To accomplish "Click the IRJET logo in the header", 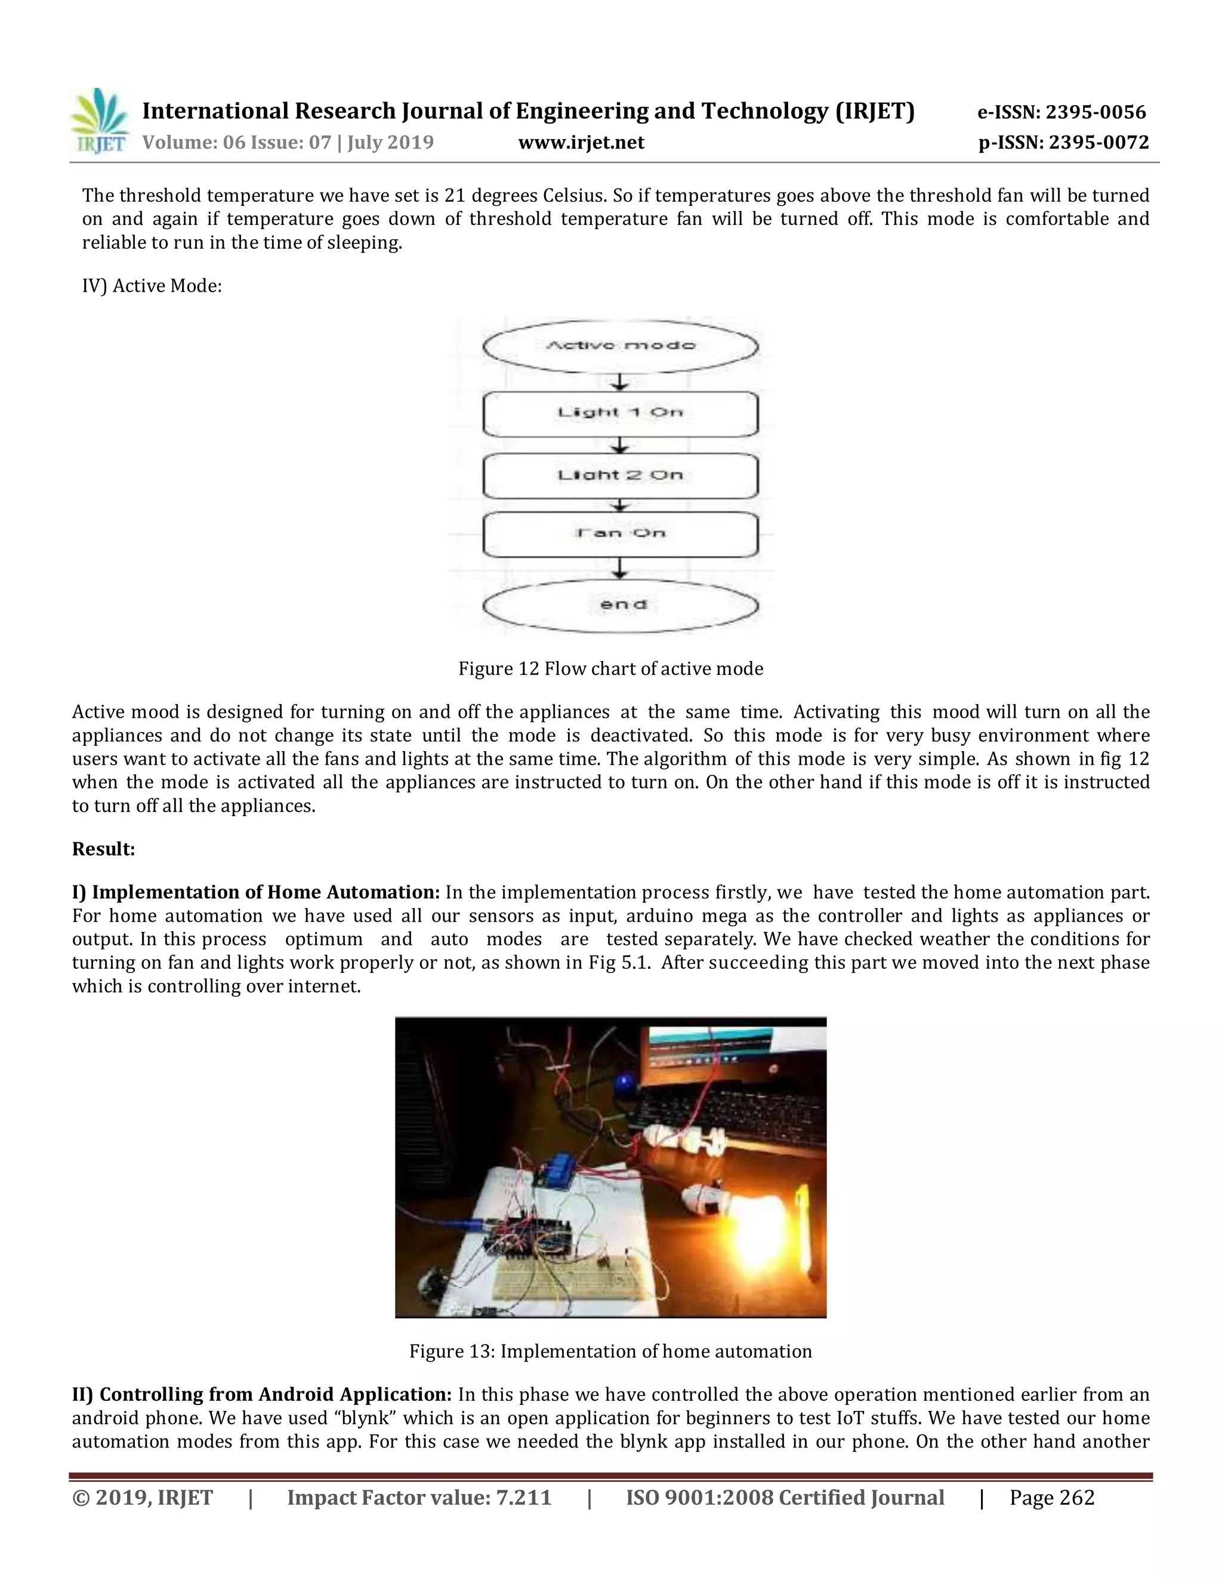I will tap(100, 121).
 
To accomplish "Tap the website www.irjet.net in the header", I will tap(581, 143).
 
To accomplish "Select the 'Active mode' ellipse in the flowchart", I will tap(621, 346).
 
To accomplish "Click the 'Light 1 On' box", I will tap(621, 413).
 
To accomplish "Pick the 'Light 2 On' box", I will tap(621, 475).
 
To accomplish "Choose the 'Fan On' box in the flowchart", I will tap(621, 534).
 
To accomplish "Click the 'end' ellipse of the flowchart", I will tap(621, 605).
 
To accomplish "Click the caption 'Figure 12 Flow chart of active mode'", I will tap(610, 668).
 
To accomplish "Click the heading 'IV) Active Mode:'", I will tap(152, 286).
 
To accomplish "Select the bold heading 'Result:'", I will tap(103, 849).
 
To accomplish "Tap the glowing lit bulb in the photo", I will tap(760, 1224).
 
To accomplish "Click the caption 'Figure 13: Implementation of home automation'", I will tap(610, 1351).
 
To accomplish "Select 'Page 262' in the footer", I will tap(1051, 1497).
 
